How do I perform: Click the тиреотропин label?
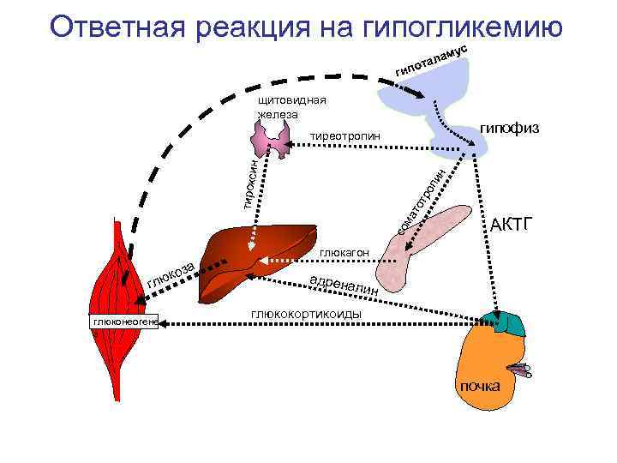344,136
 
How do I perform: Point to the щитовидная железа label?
291,107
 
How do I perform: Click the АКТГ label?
512,225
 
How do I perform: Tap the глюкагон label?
344,253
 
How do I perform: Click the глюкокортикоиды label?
306,315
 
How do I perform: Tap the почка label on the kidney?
480,386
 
